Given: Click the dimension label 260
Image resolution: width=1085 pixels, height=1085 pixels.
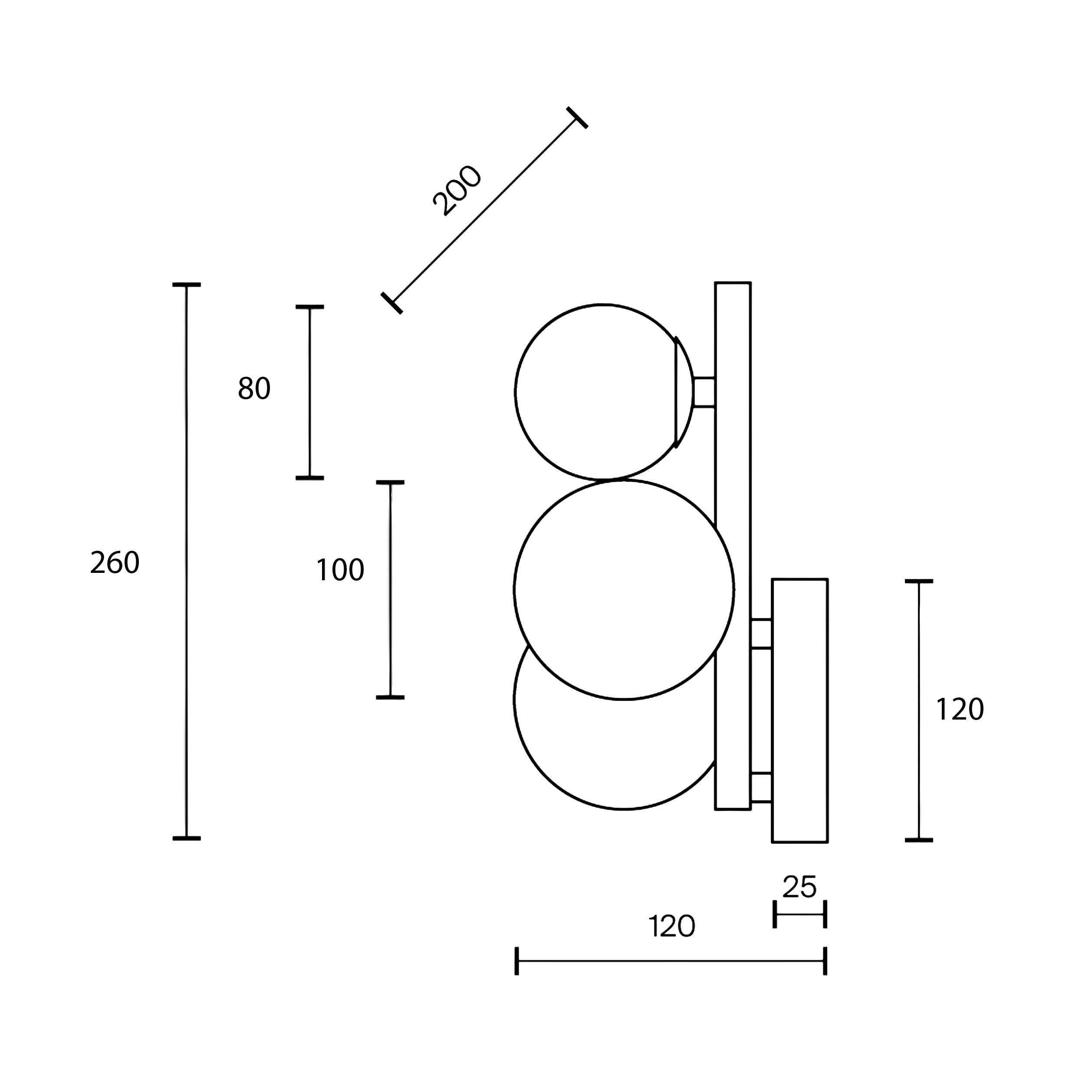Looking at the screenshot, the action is click(115, 563).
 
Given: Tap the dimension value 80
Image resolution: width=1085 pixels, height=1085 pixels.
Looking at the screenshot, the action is click(254, 388).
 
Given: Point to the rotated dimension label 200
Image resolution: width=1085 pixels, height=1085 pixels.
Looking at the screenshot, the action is click(457, 191).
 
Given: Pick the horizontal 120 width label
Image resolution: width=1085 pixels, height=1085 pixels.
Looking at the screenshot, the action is click(672, 927).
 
